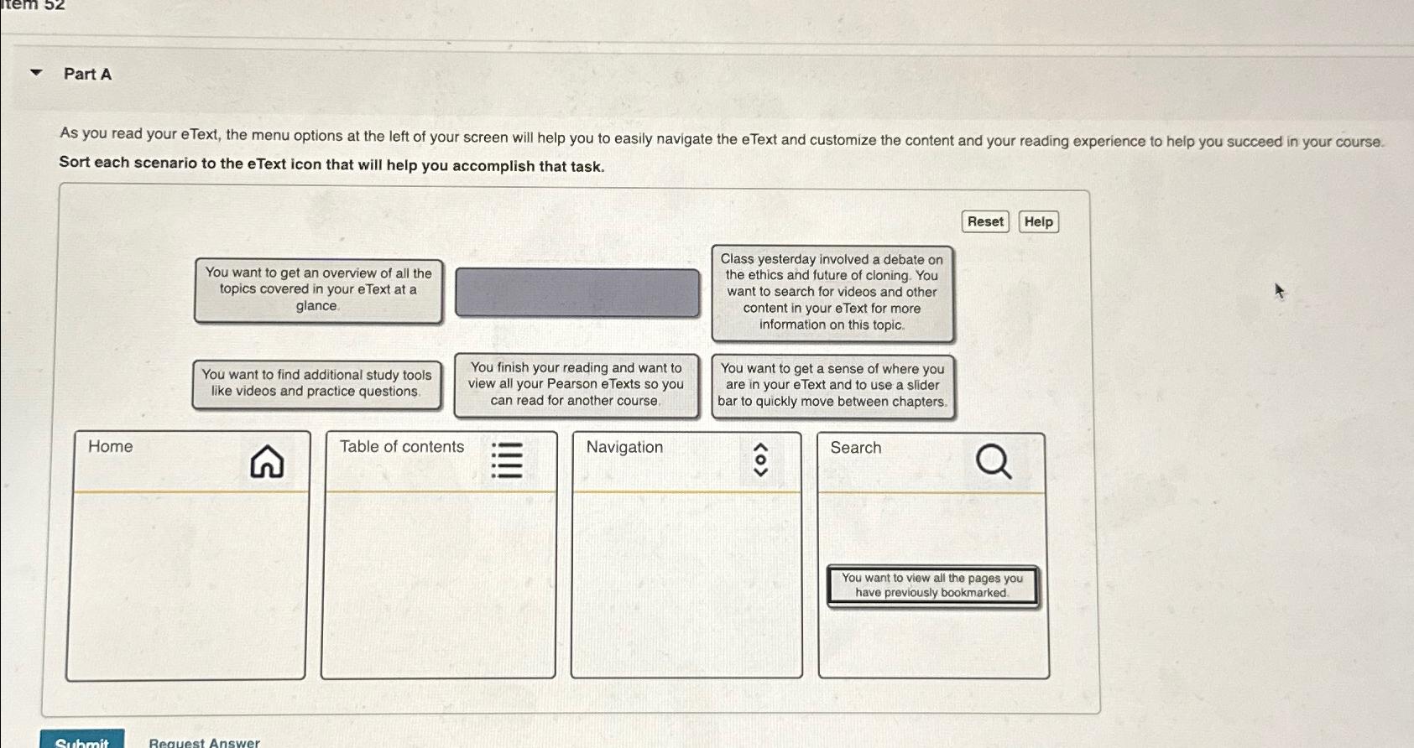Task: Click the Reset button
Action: coord(984,221)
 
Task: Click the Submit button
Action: coord(82,740)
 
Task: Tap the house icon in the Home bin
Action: coord(267,461)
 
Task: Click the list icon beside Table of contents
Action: coord(507,460)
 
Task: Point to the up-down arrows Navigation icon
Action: coord(760,460)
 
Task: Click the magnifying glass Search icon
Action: coord(994,461)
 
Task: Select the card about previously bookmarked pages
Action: coord(931,585)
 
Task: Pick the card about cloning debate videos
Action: coord(832,293)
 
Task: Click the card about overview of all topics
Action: coord(318,290)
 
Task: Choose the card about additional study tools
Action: coord(316,383)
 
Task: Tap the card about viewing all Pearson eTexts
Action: coord(576,384)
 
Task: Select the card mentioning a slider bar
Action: coord(832,385)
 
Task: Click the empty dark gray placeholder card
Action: coord(577,293)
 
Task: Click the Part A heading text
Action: coord(87,74)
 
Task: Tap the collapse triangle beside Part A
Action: coord(36,73)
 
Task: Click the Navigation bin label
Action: coord(624,447)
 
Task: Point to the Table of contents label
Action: coord(401,447)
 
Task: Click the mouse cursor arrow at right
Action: coord(1279,291)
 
